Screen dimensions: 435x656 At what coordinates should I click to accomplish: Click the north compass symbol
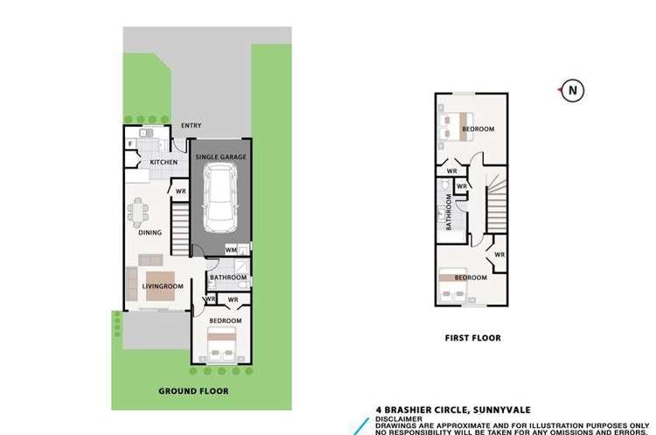[x=573, y=90]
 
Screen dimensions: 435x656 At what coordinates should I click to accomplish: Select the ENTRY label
[x=190, y=126]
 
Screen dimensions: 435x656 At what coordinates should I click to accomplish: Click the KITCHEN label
[x=164, y=162]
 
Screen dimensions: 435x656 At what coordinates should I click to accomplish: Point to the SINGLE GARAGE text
[x=220, y=157]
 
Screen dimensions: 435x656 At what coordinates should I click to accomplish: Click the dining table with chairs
[x=139, y=212]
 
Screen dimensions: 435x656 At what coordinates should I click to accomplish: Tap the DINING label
[x=150, y=233]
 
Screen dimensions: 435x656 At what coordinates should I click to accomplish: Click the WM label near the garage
[x=230, y=251]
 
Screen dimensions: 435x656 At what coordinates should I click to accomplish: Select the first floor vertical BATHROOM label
[x=449, y=213]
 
